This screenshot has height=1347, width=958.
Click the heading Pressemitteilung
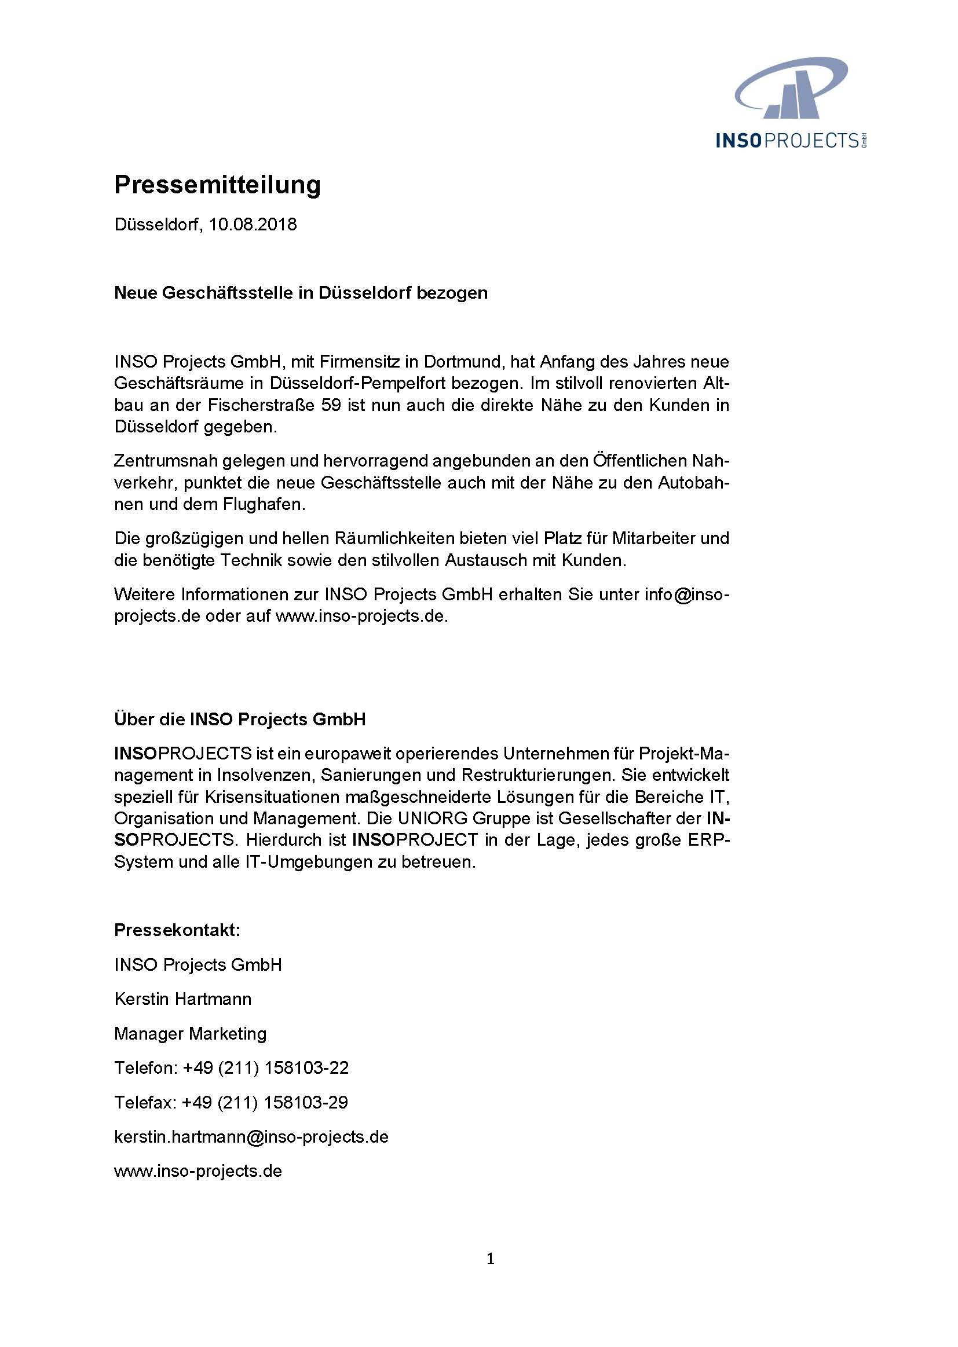click(217, 185)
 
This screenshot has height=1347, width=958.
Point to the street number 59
click(331, 405)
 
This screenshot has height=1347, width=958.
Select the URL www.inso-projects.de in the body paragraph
click(361, 616)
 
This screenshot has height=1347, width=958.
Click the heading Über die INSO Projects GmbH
click(240, 719)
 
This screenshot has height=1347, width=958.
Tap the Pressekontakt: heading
click(177, 930)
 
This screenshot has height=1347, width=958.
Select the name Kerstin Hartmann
click(183, 999)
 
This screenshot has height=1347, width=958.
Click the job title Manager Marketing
click(190, 1033)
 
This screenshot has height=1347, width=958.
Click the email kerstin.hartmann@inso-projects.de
click(251, 1136)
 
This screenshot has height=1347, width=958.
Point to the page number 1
click(490, 1260)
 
